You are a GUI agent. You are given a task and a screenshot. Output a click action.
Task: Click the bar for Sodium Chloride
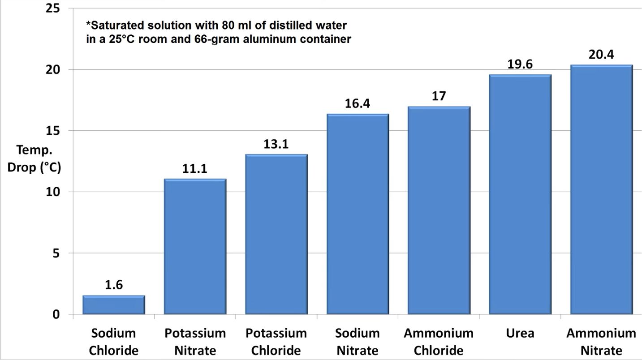[x=114, y=305]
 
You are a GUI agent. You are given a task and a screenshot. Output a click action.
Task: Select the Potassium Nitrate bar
[x=195, y=246]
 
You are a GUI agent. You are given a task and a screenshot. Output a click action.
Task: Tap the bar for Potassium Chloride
[x=276, y=234]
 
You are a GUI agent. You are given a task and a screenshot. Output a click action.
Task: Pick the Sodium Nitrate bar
[x=358, y=214]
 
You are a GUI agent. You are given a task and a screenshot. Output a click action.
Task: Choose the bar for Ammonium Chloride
[x=439, y=210]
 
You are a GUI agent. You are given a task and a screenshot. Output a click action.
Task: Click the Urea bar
[x=520, y=194]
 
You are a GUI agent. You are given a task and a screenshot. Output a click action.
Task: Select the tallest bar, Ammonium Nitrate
[x=601, y=189]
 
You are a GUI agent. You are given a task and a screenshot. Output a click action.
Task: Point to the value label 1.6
[x=114, y=285]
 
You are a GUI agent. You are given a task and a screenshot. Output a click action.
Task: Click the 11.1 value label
[x=195, y=169]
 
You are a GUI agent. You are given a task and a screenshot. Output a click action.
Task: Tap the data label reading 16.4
[x=358, y=104]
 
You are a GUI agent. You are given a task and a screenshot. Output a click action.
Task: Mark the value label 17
[x=439, y=96]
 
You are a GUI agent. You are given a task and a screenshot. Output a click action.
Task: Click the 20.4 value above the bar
[x=601, y=55]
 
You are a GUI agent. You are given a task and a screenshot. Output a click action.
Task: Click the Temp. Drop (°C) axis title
[x=34, y=158]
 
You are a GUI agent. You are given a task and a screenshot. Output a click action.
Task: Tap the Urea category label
[x=520, y=334]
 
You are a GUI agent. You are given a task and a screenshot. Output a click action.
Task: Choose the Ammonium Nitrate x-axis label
[x=601, y=342]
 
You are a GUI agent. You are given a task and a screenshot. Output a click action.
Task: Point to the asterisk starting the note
[x=88, y=24]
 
